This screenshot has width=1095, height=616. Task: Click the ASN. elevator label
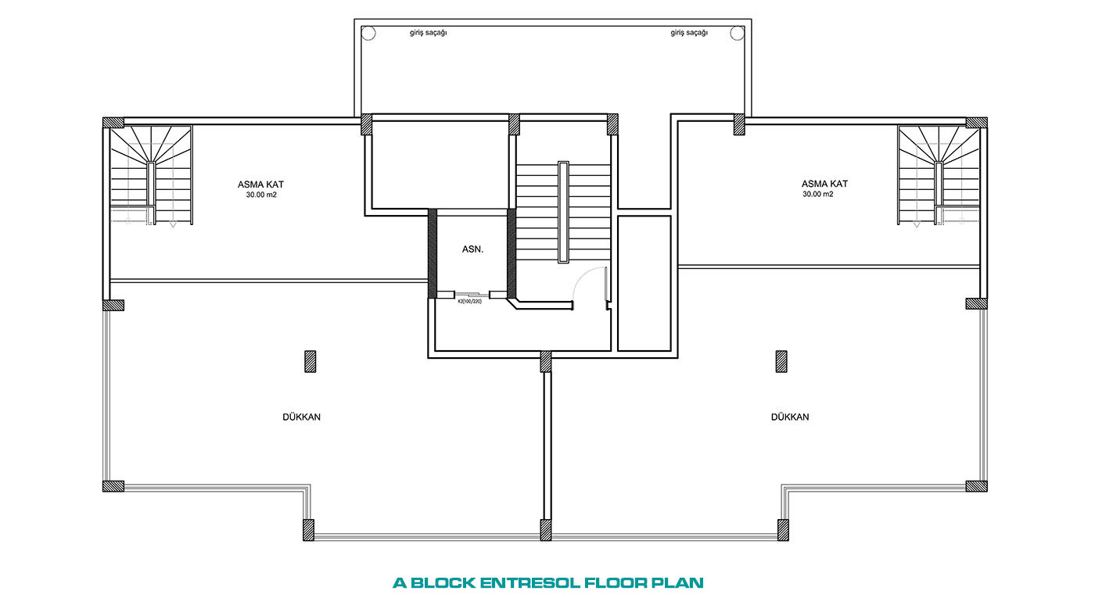(472, 249)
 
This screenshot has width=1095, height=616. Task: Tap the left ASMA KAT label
(260, 184)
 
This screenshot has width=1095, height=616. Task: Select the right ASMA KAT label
(824, 184)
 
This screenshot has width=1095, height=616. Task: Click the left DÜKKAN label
(301, 417)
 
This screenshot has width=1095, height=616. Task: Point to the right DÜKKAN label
(790, 417)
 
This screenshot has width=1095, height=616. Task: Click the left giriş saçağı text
(429, 33)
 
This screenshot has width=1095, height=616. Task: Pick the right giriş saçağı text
(689, 33)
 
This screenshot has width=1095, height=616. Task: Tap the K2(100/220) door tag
(469, 302)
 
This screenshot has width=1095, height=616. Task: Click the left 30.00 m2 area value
(261, 195)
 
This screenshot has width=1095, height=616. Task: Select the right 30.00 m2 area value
(818, 194)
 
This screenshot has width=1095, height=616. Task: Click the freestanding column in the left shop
(310, 361)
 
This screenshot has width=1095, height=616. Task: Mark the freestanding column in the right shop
(781, 361)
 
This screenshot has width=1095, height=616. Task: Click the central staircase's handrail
(564, 212)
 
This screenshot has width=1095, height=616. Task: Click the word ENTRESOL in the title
(530, 583)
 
